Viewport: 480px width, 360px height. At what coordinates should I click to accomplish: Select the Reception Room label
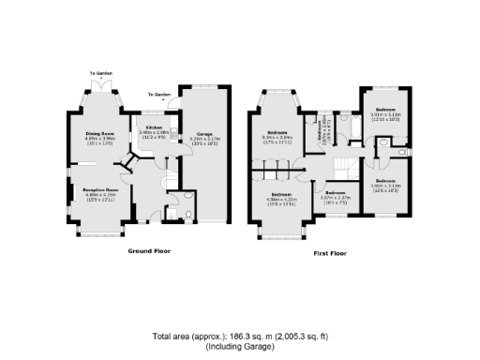coord(99,188)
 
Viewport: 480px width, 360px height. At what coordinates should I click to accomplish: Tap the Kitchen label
coord(152,127)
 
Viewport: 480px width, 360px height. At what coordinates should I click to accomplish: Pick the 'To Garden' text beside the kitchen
coord(159,95)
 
